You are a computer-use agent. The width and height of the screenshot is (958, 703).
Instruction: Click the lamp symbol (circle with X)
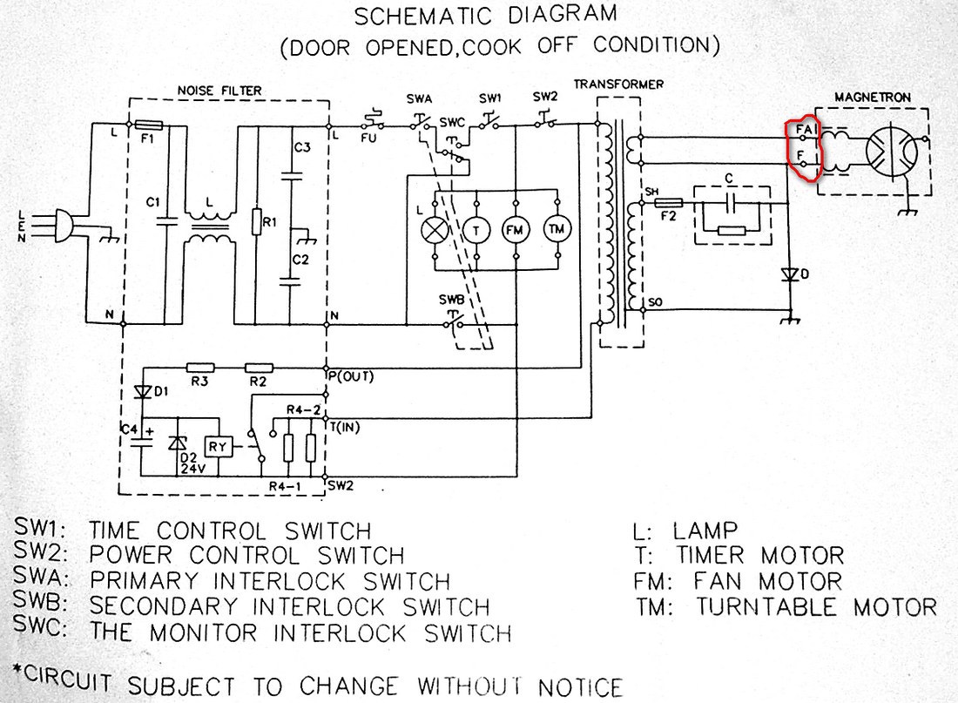[x=435, y=231]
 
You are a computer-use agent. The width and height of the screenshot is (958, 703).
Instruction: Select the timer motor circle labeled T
[x=476, y=230]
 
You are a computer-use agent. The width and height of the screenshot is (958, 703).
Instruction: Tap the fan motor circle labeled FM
[x=515, y=230]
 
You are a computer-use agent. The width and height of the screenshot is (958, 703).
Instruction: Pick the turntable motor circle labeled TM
[x=557, y=229]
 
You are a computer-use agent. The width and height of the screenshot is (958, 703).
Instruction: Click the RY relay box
[x=218, y=447]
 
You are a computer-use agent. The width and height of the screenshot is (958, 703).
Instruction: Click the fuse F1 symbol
[x=148, y=125]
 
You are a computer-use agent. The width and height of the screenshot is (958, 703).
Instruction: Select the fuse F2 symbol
[x=668, y=202]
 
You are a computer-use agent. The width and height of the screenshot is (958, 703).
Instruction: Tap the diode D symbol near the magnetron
[x=790, y=274]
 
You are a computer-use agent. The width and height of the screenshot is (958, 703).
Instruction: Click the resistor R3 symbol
[x=199, y=368]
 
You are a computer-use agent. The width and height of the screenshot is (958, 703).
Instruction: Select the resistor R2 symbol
[x=259, y=368]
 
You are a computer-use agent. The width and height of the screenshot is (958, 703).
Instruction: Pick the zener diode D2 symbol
[x=178, y=443]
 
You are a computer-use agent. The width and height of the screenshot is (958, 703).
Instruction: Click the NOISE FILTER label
[x=219, y=91]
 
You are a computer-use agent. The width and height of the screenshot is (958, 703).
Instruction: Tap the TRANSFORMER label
[x=618, y=84]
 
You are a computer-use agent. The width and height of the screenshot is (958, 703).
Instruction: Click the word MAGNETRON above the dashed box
[x=873, y=98]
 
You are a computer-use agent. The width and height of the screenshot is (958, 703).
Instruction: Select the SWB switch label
[x=451, y=301]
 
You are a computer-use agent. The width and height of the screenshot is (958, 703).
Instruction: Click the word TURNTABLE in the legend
[x=766, y=607]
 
